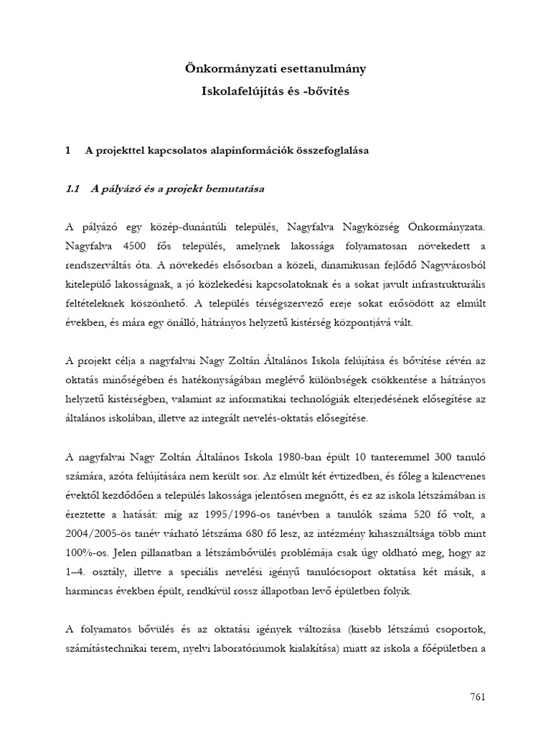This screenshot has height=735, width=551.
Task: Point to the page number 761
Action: [478, 698]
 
